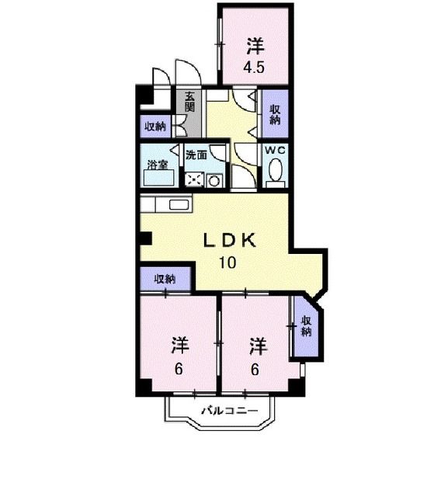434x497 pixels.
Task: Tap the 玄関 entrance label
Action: click(190, 102)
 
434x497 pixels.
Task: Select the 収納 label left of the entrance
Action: click(155, 126)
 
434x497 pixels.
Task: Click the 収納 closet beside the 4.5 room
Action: click(275, 115)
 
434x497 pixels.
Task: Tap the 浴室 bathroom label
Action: click(157, 163)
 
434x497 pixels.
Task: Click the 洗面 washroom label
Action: click(196, 155)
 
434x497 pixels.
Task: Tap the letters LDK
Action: click(229, 241)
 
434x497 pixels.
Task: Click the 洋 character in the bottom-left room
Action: click(180, 344)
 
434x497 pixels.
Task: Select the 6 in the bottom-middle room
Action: click(255, 369)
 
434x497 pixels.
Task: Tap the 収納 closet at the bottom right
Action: click(306, 326)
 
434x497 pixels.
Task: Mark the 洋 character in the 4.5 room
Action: click(254, 45)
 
